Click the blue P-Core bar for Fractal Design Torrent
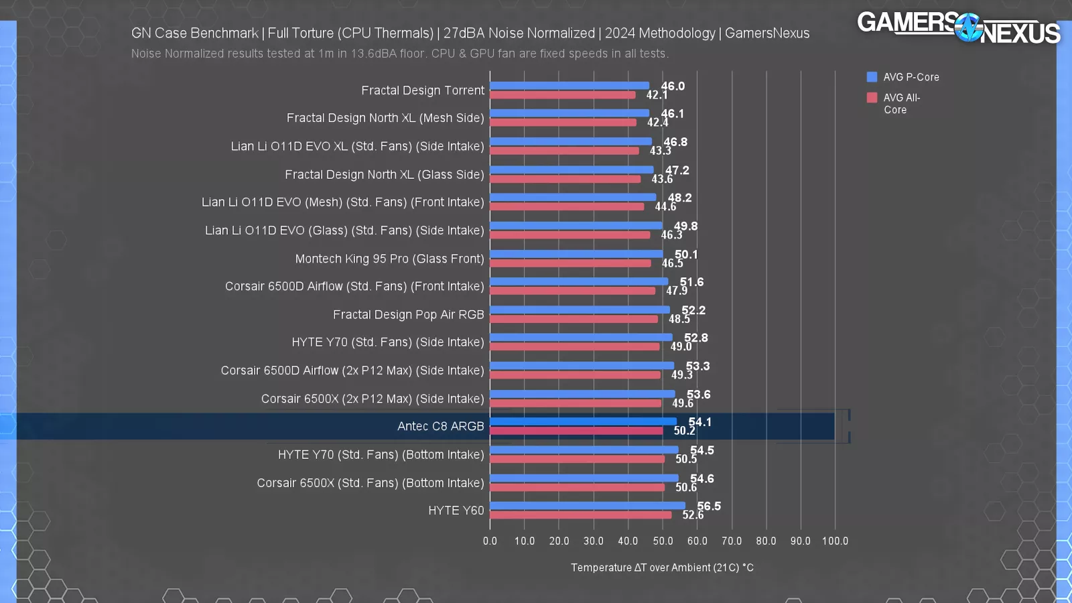pyautogui.click(x=569, y=86)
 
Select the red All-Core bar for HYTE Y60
pyautogui.click(x=580, y=515)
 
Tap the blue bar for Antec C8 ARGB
pyautogui.click(x=583, y=421)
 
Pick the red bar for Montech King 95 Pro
pyautogui.click(x=570, y=263)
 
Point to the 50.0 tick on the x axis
pyautogui.click(x=663, y=541)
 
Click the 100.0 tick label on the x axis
pyautogui.click(x=835, y=541)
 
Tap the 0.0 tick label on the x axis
pyautogui.click(x=490, y=541)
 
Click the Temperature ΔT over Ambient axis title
pyautogui.click(x=662, y=567)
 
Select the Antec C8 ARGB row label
pyautogui.click(x=440, y=426)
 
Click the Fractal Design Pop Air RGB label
pyautogui.click(x=408, y=314)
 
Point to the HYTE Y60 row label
pyautogui.click(x=456, y=511)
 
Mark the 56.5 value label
pyautogui.click(x=709, y=506)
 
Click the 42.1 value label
pyautogui.click(x=657, y=95)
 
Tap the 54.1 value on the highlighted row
pyautogui.click(x=700, y=421)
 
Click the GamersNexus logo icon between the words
pyautogui.click(x=967, y=27)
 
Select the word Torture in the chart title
pyautogui.click(x=312, y=33)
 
